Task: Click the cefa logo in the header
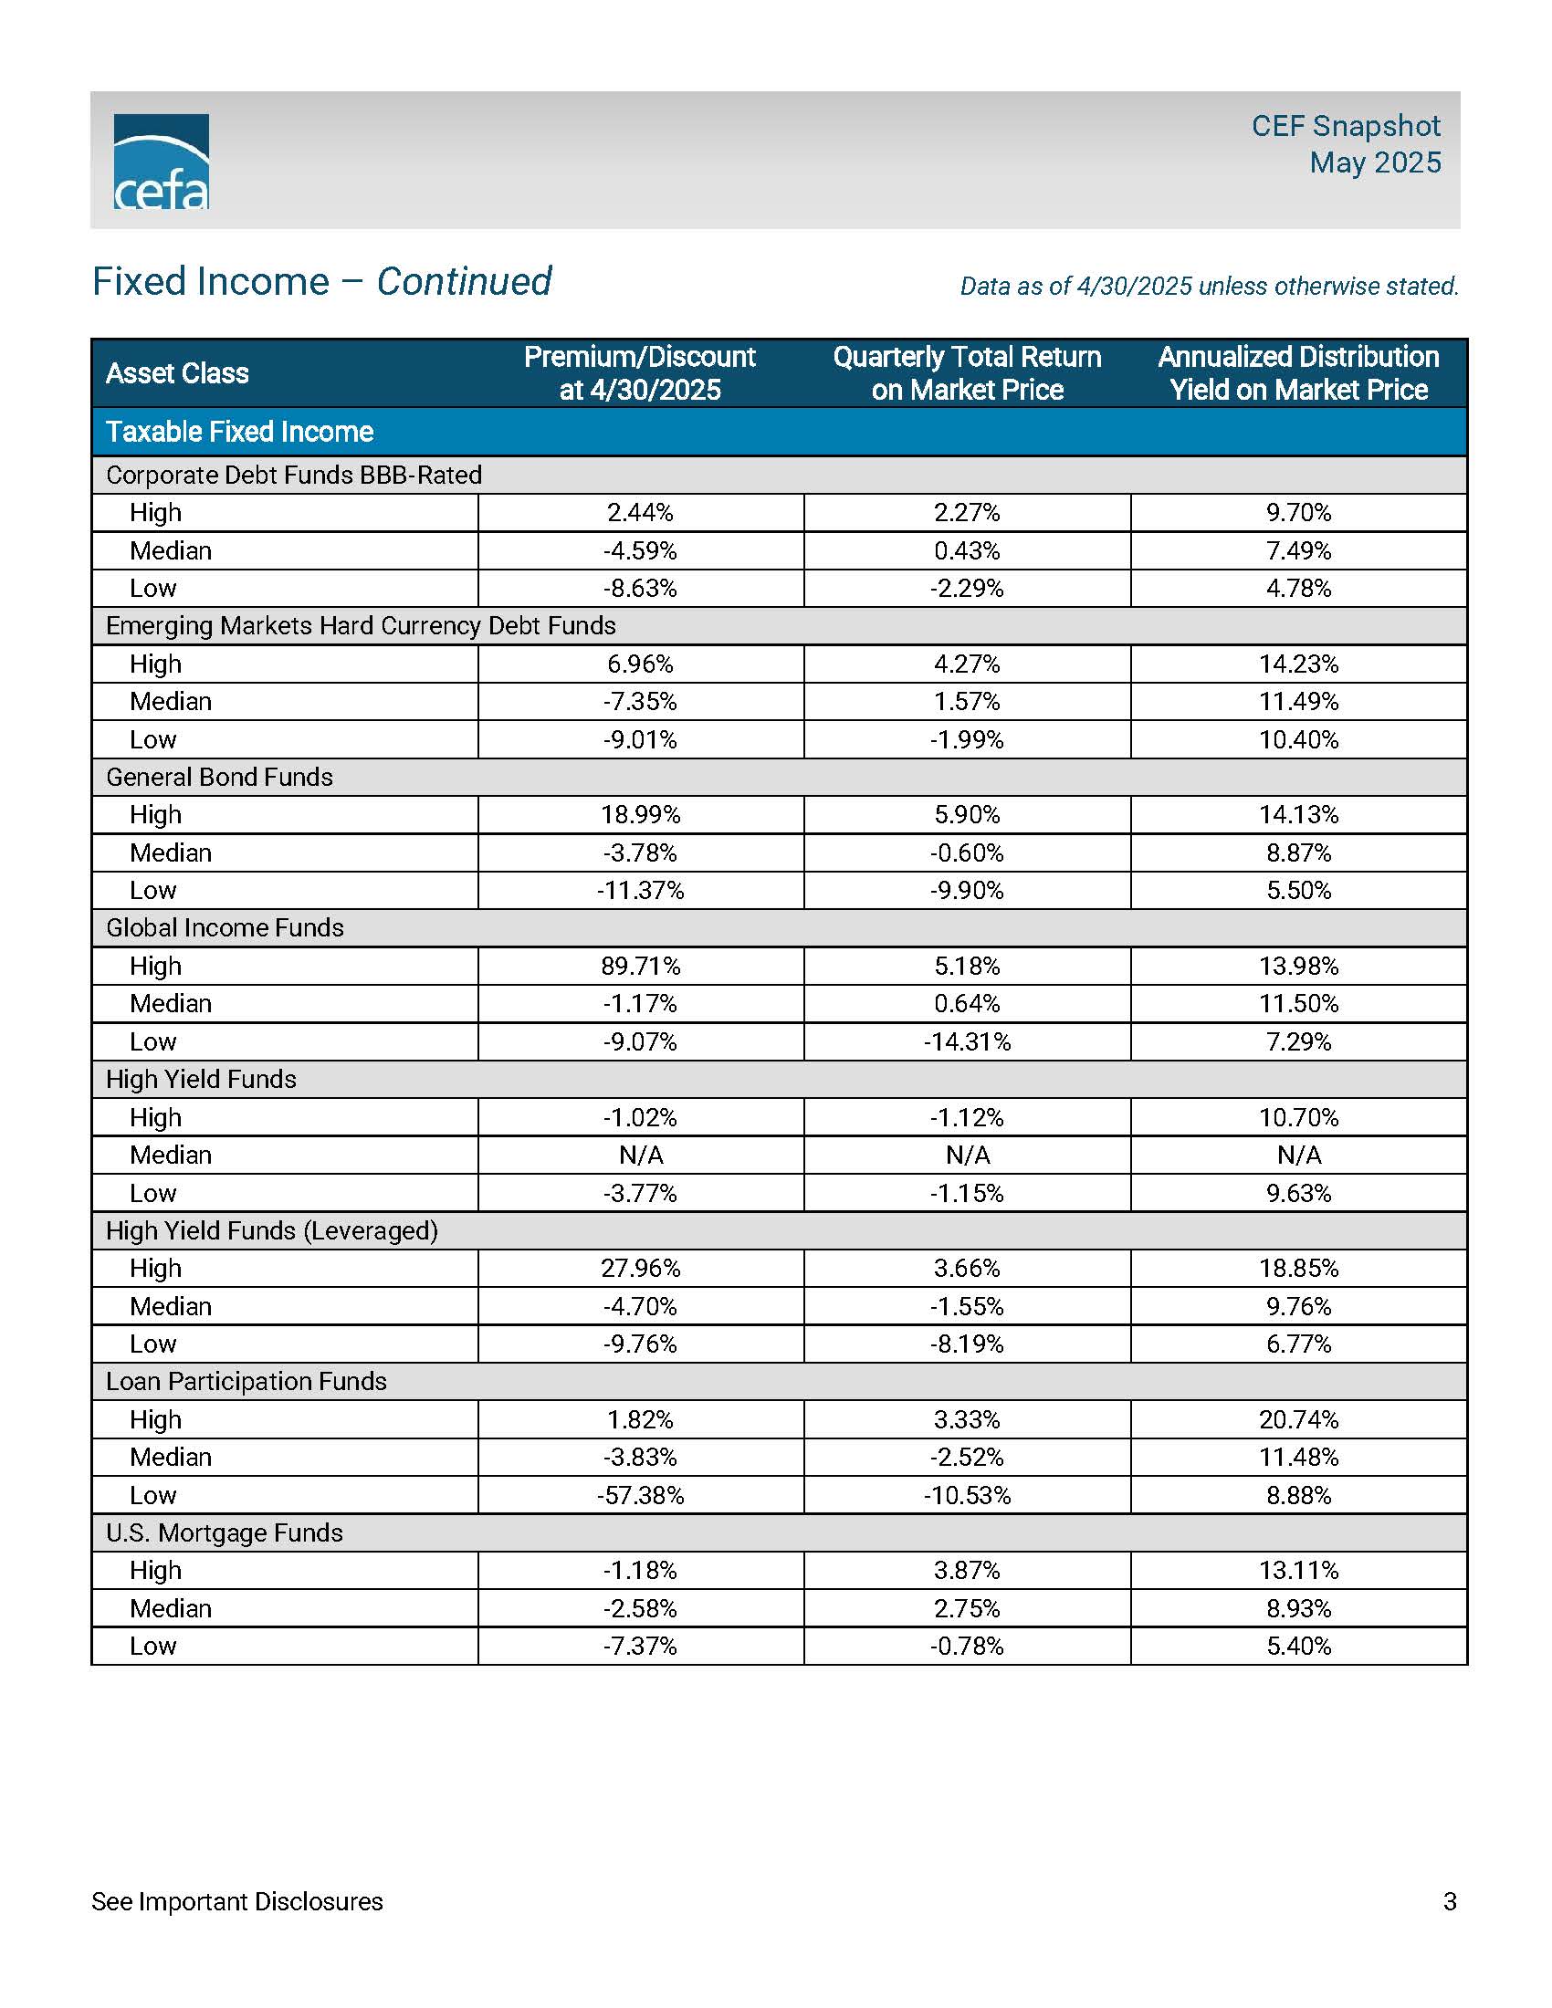(x=161, y=162)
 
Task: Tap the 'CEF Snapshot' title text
(x=1345, y=126)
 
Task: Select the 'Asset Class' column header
(x=177, y=373)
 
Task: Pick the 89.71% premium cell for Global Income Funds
(x=640, y=967)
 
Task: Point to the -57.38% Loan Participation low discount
(x=640, y=1495)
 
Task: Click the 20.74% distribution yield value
(x=1298, y=1419)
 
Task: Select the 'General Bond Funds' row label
(x=219, y=777)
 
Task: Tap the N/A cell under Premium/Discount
(x=640, y=1155)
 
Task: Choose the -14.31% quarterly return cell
(x=966, y=1041)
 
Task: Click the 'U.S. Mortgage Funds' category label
(x=224, y=1532)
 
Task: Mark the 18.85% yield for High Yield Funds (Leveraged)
(x=1298, y=1269)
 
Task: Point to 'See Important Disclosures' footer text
(x=236, y=1901)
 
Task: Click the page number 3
(x=1450, y=1901)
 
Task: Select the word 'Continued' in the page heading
(x=464, y=281)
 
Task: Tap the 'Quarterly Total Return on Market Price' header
(x=966, y=373)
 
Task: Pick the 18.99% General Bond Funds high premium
(x=640, y=814)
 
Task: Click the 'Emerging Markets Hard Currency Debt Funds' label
(x=361, y=626)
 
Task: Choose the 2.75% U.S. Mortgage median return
(x=966, y=1608)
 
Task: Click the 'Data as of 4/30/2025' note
(x=1208, y=287)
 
